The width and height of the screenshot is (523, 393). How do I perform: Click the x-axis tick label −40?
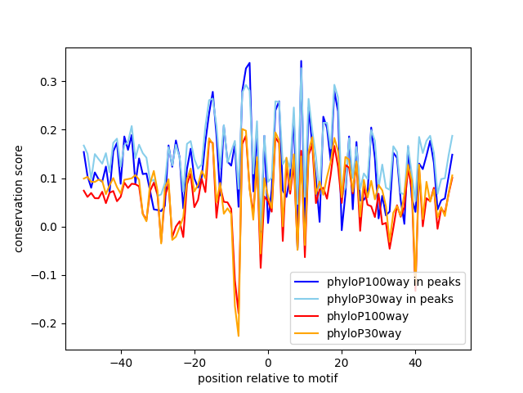coord(120,363)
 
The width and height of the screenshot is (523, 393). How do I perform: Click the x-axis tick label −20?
coord(194,363)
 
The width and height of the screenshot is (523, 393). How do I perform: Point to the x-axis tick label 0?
coord(268,363)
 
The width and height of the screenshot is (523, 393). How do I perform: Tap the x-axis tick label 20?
coord(342,363)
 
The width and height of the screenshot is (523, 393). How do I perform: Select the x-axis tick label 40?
coord(415,363)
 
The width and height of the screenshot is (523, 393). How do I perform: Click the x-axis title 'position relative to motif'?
coord(268,378)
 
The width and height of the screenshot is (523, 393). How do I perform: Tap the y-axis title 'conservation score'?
coord(18,199)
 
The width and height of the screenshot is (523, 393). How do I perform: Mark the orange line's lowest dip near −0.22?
coord(239,336)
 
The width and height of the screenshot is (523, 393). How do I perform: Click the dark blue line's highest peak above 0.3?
coord(301,61)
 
